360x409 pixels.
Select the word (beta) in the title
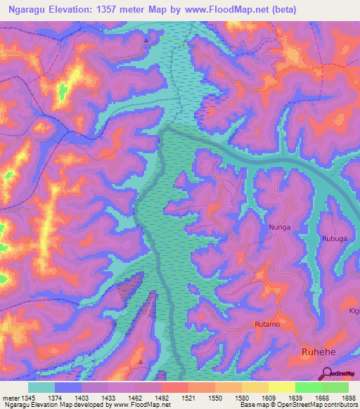[x=279, y=9]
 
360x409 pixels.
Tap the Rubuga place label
[x=335, y=238]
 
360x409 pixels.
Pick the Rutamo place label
[x=266, y=324]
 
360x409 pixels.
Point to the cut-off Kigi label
[x=353, y=310]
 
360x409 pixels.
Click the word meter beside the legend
[x=9, y=398]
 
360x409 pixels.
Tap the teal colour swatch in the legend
[x=41, y=387]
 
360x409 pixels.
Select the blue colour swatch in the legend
[x=68, y=387]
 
